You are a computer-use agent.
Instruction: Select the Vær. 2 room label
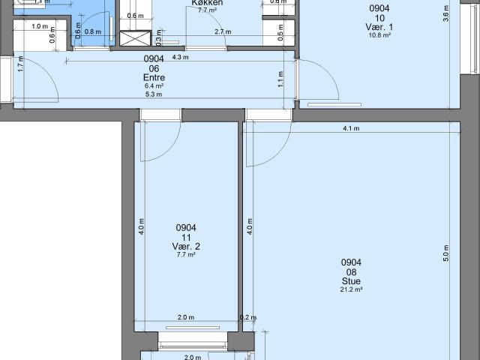coord(186,246)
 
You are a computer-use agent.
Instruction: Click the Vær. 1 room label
coord(380,27)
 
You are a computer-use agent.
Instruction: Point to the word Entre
coord(154,77)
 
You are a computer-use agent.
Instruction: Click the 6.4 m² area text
coord(154,85)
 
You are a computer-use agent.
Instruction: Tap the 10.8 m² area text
coord(380,35)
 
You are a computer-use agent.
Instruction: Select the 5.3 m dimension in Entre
coord(154,94)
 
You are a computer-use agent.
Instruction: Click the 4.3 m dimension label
coord(180,57)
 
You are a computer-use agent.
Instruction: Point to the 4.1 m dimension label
coord(351,128)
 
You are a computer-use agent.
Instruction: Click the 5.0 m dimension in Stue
coord(445,253)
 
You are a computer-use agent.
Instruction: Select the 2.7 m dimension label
coord(222,32)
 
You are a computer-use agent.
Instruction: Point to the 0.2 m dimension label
coord(244,317)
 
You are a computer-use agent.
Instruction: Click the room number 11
coord(186,237)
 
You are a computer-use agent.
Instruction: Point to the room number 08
coord(351,271)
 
